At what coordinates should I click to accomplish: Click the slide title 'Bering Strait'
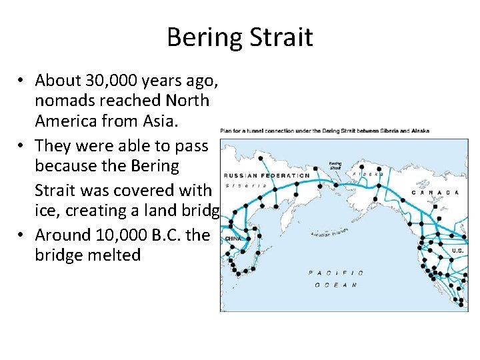click(x=239, y=37)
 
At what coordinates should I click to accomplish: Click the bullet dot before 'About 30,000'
click(x=22, y=81)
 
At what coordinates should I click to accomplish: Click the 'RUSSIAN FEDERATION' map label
click(x=267, y=176)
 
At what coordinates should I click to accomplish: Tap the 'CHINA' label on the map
click(x=233, y=237)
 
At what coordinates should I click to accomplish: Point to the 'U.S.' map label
click(x=458, y=251)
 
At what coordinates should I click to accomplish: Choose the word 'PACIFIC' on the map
click(x=336, y=272)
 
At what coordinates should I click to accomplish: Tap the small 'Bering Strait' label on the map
click(x=335, y=165)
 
